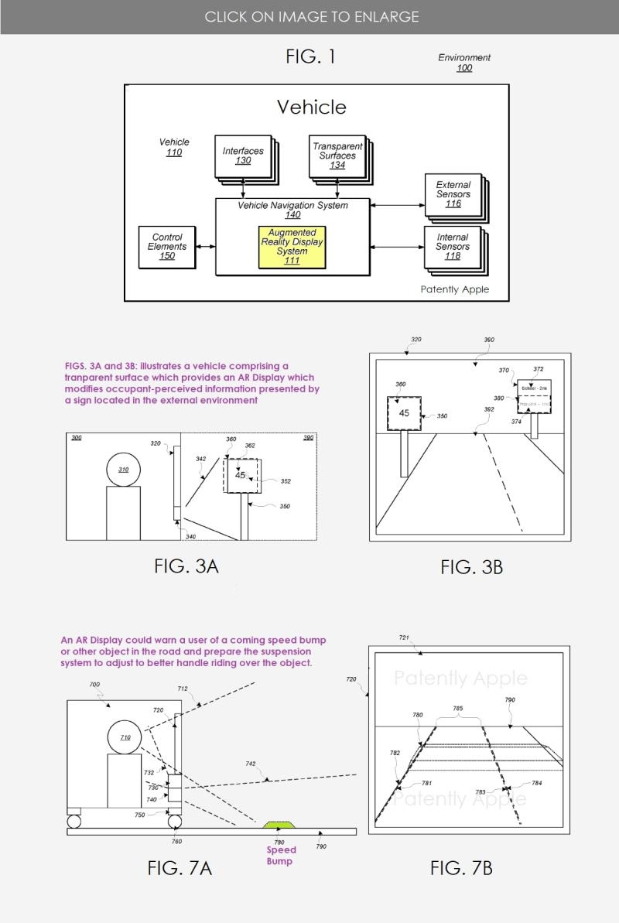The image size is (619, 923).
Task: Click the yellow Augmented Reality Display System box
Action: tap(292, 247)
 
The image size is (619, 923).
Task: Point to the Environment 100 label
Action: tap(464, 63)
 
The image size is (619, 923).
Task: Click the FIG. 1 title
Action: tap(310, 56)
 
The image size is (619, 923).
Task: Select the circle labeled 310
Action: tap(123, 469)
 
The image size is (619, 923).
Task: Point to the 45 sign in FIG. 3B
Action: tap(404, 414)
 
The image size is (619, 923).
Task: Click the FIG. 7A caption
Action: tap(180, 868)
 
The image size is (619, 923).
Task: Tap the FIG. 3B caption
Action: tap(472, 567)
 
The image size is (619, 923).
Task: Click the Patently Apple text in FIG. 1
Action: tap(455, 289)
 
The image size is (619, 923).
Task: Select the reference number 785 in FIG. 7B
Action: tap(458, 708)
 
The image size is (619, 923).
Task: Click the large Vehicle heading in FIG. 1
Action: tap(312, 107)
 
